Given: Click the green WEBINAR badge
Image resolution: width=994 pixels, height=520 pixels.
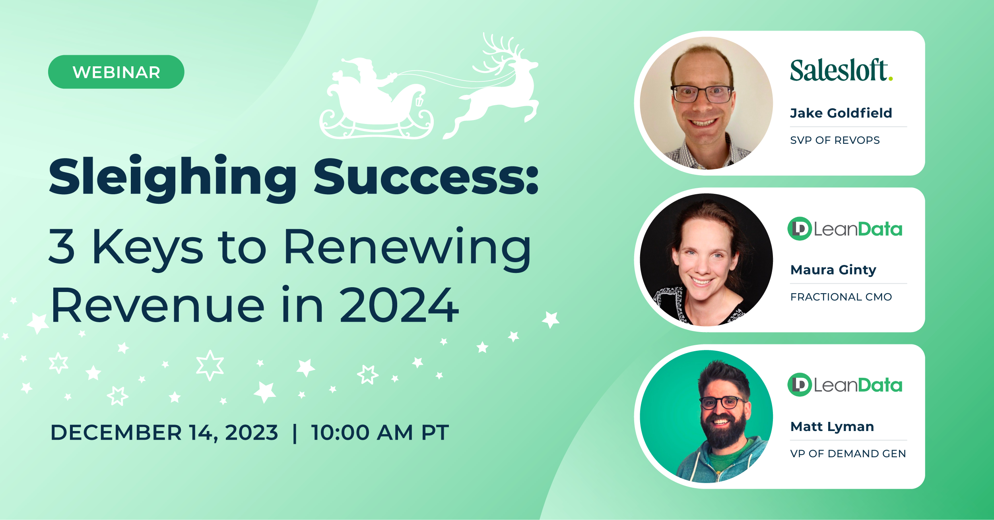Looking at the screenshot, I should click(116, 72).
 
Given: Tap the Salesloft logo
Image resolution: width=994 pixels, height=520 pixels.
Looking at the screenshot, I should click(841, 70).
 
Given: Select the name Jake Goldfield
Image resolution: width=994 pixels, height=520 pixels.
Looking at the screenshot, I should click(841, 113).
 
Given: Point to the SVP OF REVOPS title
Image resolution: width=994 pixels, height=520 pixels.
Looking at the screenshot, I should click(835, 140).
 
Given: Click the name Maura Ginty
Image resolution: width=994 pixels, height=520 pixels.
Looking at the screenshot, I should click(833, 270).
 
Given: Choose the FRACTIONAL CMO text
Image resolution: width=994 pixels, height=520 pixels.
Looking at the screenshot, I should click(841, 297).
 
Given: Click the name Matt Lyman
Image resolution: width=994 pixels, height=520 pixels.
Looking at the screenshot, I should click(832, 427).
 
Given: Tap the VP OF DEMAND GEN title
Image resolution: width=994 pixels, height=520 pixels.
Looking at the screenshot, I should click(848, 454).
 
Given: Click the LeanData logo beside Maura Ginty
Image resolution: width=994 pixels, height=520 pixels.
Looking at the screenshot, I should click(845, 229).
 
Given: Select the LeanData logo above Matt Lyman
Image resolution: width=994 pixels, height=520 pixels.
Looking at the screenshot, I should click(845, 385).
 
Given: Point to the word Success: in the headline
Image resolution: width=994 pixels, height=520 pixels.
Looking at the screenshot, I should click(425, 178).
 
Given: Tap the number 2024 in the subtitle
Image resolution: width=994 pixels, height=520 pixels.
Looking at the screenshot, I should click(399, 305).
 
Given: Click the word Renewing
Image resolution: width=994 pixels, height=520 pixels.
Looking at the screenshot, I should click(407, 247).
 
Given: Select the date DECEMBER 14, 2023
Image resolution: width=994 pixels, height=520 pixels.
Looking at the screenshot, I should click(164, 433).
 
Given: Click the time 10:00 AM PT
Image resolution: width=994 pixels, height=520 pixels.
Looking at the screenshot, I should click(380, 433).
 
